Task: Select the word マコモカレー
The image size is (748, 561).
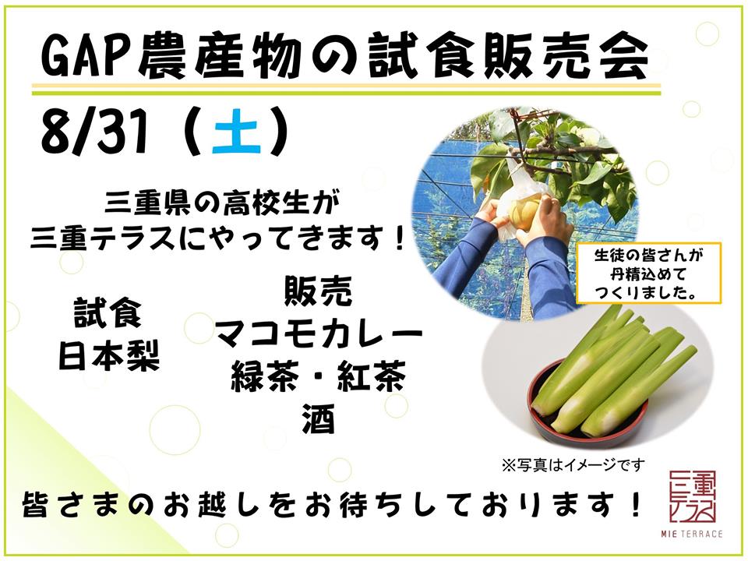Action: [319, 335]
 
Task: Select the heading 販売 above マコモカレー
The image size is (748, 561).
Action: [318, 292]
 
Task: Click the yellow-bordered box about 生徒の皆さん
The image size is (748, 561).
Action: [649, 273]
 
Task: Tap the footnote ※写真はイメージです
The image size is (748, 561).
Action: [573, 464]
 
